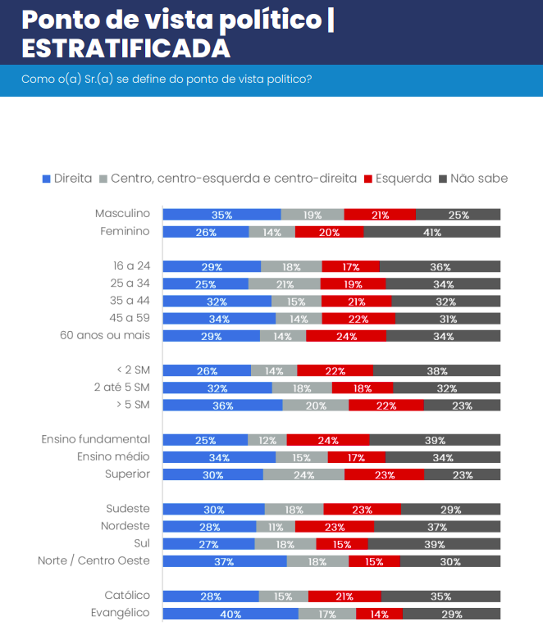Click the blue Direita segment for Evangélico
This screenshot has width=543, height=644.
click(x=230, y=614)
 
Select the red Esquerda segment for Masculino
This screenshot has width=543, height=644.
click(x=380, y=215)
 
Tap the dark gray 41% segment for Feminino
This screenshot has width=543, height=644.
click(x=431, y=232)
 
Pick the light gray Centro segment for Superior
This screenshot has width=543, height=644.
click(x=303, y=474)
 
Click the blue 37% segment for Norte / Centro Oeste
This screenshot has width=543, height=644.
click(x=225, y=561)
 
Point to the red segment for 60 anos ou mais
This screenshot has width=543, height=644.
click(x=346, y=336)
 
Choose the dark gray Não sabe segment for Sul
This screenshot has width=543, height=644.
click(x=434, y=544)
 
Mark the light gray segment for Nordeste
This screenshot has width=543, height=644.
click(x=276, y=527)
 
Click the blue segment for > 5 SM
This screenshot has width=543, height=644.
click(x=222, y=406)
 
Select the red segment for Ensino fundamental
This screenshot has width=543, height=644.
click(x=328, y=440)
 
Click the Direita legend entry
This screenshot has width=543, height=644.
click(x=66, y=179)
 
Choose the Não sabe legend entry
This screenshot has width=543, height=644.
click(x=474, y=179)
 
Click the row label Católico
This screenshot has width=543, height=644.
click(x=127, y=596)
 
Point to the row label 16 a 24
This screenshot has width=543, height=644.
click(x=133, y=265)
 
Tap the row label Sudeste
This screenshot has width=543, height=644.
click(x=128, y=508)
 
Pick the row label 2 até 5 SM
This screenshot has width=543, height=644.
click(x=122, y=387)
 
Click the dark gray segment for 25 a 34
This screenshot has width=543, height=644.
click(x=443, y=283)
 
